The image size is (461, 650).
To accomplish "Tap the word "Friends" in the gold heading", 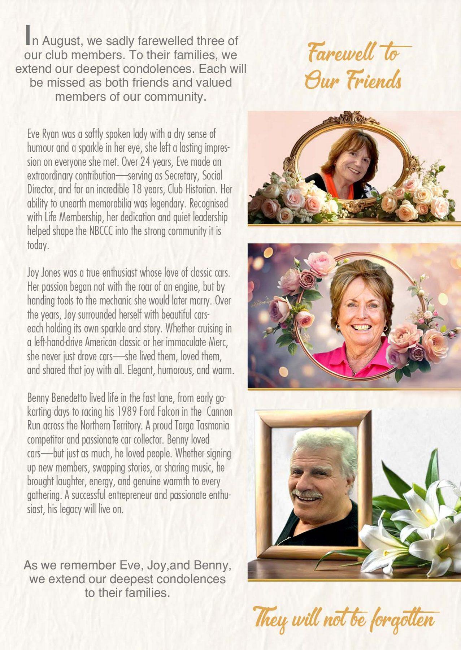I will [x=374, y=80].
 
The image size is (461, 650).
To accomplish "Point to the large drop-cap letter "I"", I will [x=27, y=36].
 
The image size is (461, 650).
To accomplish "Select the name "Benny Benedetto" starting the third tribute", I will [x=57, y=398].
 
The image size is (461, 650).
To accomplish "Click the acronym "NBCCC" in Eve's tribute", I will [x=101, y=231].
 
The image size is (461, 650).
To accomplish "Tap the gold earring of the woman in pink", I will [x=338, y=327].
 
